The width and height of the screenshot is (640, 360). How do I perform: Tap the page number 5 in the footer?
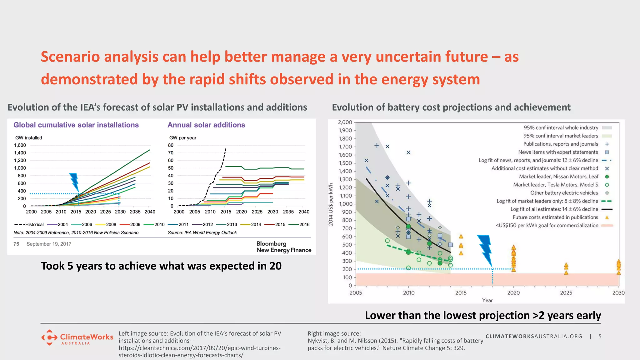(600, 336)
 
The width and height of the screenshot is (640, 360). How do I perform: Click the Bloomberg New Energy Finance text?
(283, 247)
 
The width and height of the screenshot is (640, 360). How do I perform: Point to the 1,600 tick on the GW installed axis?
(20, 145)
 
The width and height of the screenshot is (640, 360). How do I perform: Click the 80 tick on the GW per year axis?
(171, 145)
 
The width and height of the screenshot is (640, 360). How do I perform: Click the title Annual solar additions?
(206, 125)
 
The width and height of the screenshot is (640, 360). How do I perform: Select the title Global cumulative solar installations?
(76, 125)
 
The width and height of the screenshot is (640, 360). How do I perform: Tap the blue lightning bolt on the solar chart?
(74, 182)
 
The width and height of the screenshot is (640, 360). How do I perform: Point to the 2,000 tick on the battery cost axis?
(345, 122)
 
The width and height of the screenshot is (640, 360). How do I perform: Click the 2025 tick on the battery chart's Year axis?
(566, 293)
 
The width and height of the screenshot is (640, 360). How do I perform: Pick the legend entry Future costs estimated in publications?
(555, 217)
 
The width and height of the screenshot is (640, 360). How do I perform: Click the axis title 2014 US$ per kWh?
(331, 205)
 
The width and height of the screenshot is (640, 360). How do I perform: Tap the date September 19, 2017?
(49, 244)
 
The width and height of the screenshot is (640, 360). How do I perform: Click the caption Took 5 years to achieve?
(161, 266)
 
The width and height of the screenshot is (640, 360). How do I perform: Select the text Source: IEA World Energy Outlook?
(202, 233)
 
